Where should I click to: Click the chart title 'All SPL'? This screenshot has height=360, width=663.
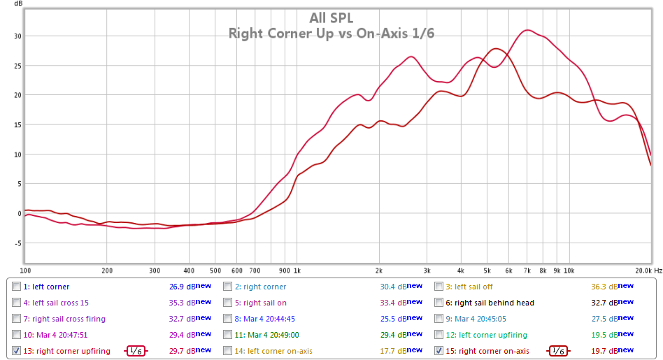coord(332,18)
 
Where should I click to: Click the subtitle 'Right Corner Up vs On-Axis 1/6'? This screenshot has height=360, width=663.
coord(331,33)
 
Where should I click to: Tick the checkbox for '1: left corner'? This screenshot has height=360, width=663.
coord(17,287)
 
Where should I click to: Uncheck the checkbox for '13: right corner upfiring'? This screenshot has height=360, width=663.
coord(17,351)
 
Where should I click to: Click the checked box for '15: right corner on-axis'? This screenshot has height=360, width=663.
coord(439,351)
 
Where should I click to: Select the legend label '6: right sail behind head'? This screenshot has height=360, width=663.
coord(494,303)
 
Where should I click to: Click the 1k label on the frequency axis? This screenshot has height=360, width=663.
coord(297,270)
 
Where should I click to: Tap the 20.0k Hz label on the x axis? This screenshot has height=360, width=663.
coord(648,270)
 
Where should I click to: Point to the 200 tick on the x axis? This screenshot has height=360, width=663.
coord(106,270)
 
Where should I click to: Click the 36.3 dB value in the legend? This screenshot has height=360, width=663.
coord(602,287)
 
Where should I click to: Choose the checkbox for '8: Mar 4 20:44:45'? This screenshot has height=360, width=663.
coord(228,319)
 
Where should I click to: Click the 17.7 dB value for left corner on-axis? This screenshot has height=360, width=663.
coord(391,351)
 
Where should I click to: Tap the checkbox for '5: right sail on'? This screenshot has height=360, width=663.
coord(228,303)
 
